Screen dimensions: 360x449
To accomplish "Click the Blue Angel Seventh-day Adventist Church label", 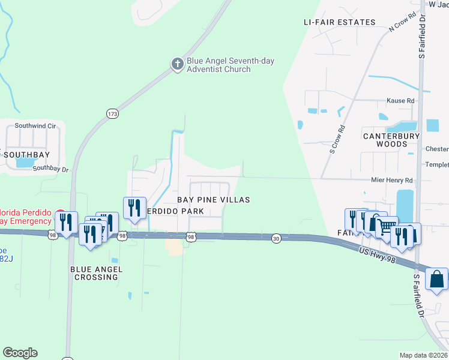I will pos(218,65).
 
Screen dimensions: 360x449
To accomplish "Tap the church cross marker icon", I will pos(177,64).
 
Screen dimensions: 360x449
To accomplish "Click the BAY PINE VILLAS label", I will pos(213,200).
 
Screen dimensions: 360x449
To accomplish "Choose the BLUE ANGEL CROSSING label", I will pos(96,270).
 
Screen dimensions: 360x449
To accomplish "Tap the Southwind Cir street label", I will pos(35,126).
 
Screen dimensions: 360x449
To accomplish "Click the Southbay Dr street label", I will pos(51,169).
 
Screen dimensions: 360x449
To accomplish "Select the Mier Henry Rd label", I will pos(392,180).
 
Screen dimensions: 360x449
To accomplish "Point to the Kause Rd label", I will pos(400,101).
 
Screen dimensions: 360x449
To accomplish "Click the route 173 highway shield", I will pos(112,113).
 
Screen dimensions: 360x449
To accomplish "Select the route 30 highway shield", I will pos(276,238).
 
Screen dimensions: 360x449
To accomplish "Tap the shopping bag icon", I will pos(436,279).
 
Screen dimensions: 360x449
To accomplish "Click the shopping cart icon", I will pos(387,226).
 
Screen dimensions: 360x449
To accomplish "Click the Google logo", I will pos(20,353).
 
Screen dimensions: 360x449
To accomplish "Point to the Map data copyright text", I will pos(423,355).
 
